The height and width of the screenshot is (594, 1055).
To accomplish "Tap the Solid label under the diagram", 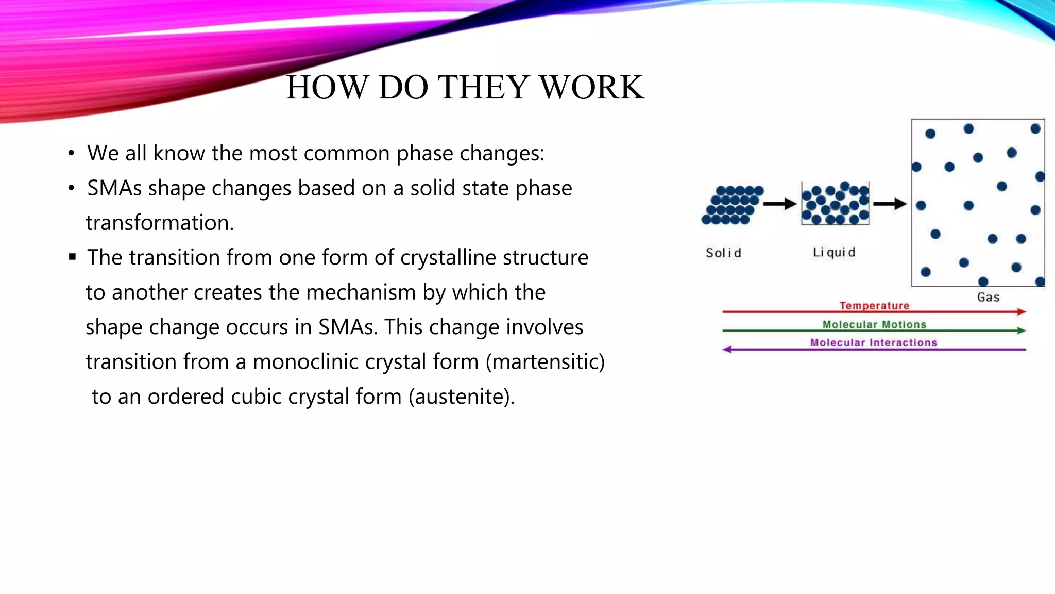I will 723,253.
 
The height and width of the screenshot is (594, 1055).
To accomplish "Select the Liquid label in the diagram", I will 834,252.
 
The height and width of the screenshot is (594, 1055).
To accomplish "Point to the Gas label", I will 988,297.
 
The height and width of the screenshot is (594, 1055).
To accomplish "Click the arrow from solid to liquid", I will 780,204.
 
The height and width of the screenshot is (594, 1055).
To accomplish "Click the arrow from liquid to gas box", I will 890,204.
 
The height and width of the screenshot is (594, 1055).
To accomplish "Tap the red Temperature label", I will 874,305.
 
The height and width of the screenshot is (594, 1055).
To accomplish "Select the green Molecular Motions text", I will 874,324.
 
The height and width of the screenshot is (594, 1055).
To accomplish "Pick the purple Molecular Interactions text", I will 873,343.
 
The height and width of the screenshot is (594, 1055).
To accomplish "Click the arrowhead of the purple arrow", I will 727,350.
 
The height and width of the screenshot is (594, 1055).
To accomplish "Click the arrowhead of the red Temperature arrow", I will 1022,311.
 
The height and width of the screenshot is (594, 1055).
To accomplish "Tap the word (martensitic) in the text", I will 546,362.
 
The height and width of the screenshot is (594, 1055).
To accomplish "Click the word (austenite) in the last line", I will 461,397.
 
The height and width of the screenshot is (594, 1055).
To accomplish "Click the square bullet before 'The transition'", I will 72,257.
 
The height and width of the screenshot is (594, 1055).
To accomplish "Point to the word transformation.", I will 160,223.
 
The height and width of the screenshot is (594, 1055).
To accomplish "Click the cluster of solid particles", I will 732,205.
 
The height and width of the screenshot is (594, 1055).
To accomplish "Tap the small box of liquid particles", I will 835,204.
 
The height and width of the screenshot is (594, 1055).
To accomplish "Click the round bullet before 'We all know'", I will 71,153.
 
